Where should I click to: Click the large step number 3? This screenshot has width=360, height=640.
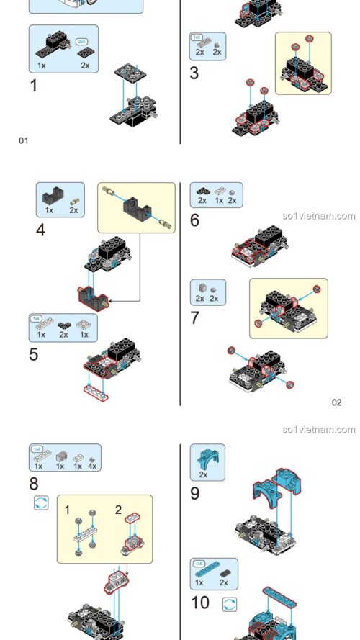[194, 73]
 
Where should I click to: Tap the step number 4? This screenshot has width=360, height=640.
[41, 231]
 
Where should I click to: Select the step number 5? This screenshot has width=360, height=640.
[34, 355]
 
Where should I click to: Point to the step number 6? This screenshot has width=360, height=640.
[194, 220]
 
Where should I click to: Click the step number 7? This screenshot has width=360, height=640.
[195, 317]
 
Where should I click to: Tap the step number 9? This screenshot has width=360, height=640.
[194, 493]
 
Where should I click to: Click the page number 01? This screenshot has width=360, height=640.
[23, 140]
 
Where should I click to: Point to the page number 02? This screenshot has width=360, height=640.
[336, 402]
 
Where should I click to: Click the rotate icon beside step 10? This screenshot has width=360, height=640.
[230, 603]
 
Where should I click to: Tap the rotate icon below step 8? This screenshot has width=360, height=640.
[41, 503]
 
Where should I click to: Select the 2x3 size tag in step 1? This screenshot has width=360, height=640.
[82, 42]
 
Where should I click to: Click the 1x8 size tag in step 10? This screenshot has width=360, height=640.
[197, 564]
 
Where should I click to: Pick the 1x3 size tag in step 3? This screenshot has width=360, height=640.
[196, 37]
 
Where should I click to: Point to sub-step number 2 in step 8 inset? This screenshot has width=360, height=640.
[119, 510]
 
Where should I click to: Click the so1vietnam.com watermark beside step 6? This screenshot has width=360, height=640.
[319, 215]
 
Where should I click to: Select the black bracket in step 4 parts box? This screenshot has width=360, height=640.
[50, 194]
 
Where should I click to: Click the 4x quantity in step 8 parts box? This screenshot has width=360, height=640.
[91, 466]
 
